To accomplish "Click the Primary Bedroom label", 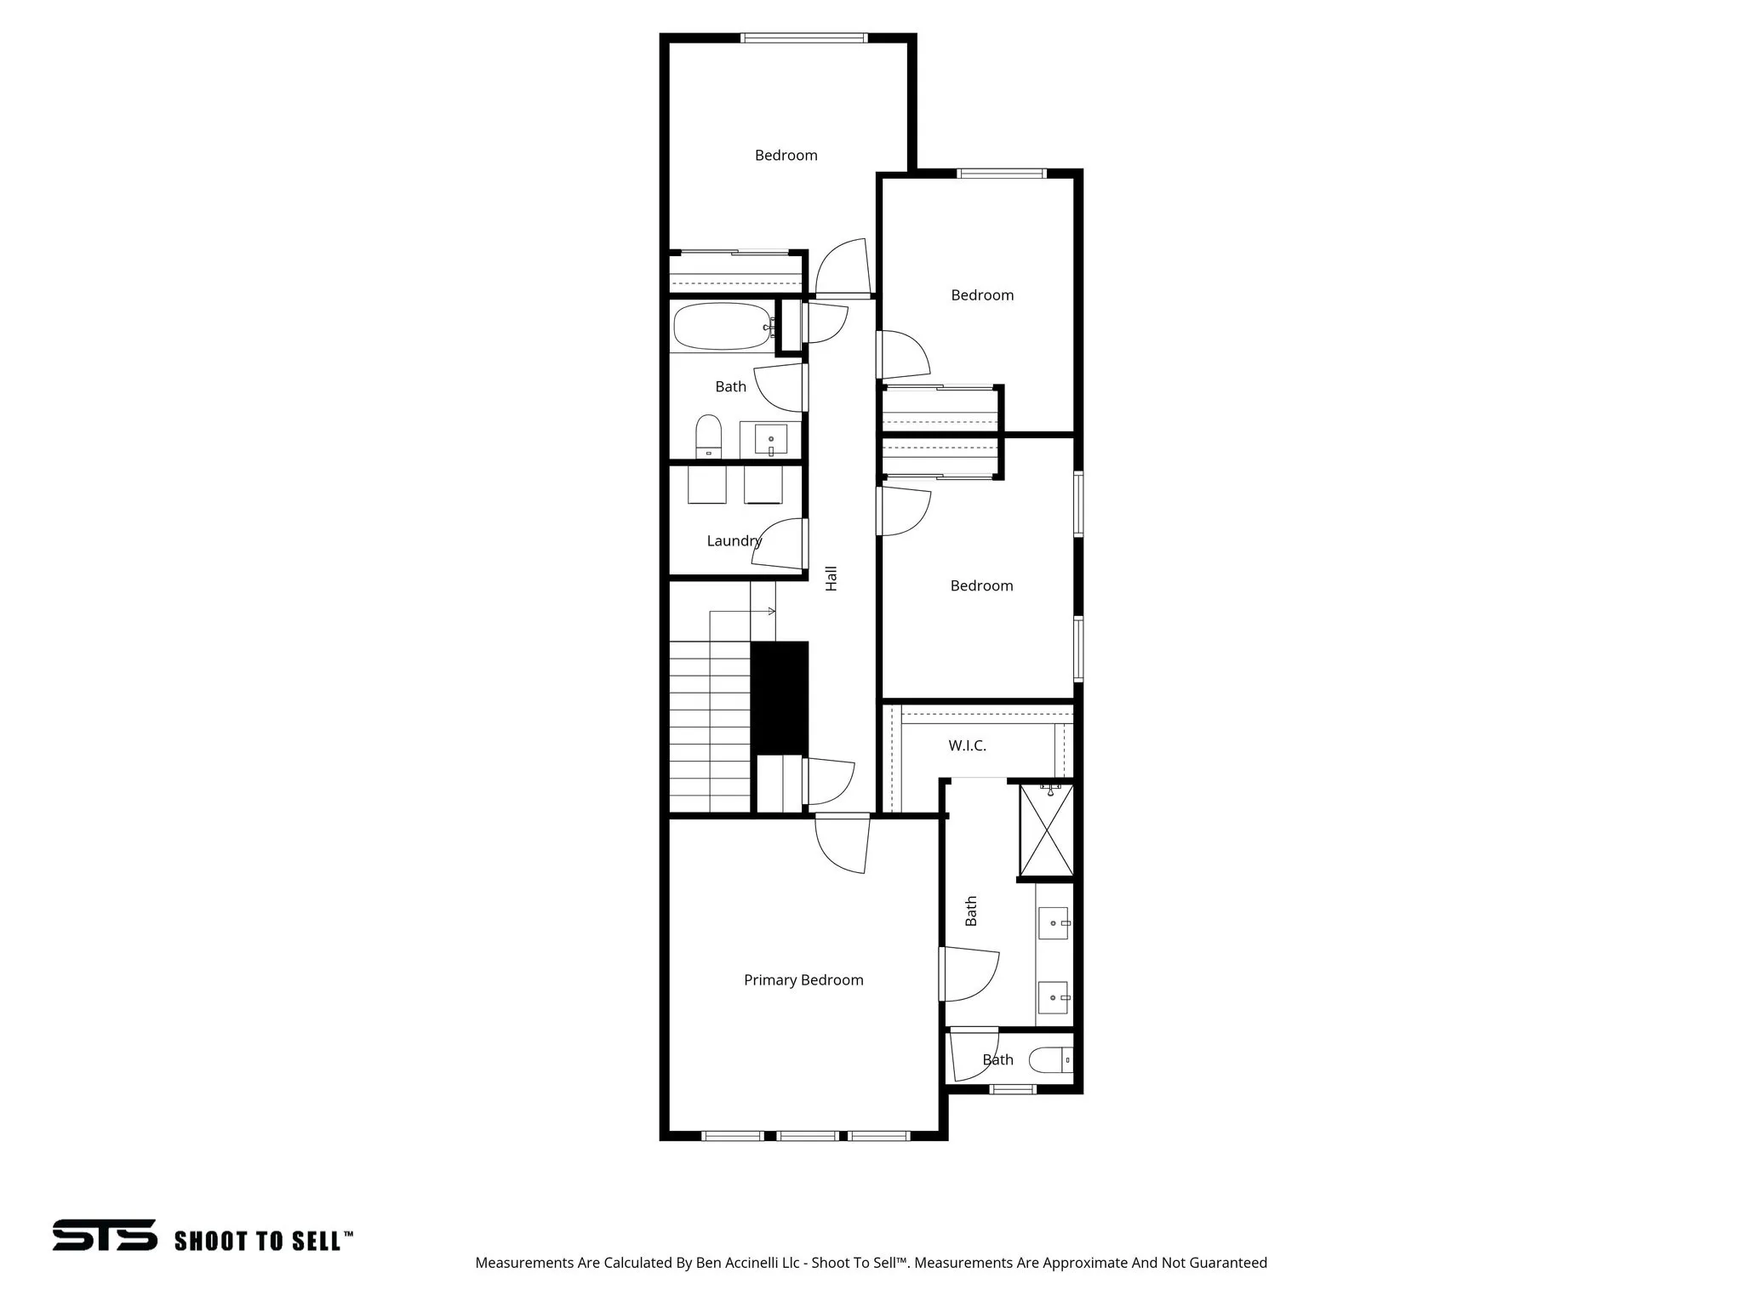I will [803, 980].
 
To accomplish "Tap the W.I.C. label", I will [967, 745].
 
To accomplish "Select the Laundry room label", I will [734, 540].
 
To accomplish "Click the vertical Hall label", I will [831, 579].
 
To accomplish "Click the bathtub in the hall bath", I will [722, 326].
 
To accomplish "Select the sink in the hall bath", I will [770, 440].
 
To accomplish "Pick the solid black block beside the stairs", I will [779, 697].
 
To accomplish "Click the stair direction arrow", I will [770, 611].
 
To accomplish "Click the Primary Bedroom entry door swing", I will [843, 844].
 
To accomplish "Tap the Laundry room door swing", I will [776, 545].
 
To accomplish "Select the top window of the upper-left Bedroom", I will [803, 37].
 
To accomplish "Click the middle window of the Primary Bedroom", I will [808, 1135].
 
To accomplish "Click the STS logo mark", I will [105, 1235].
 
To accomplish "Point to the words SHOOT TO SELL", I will [258, 1241].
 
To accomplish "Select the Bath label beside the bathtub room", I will [730, 386].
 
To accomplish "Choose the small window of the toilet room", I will [1014, 1089].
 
